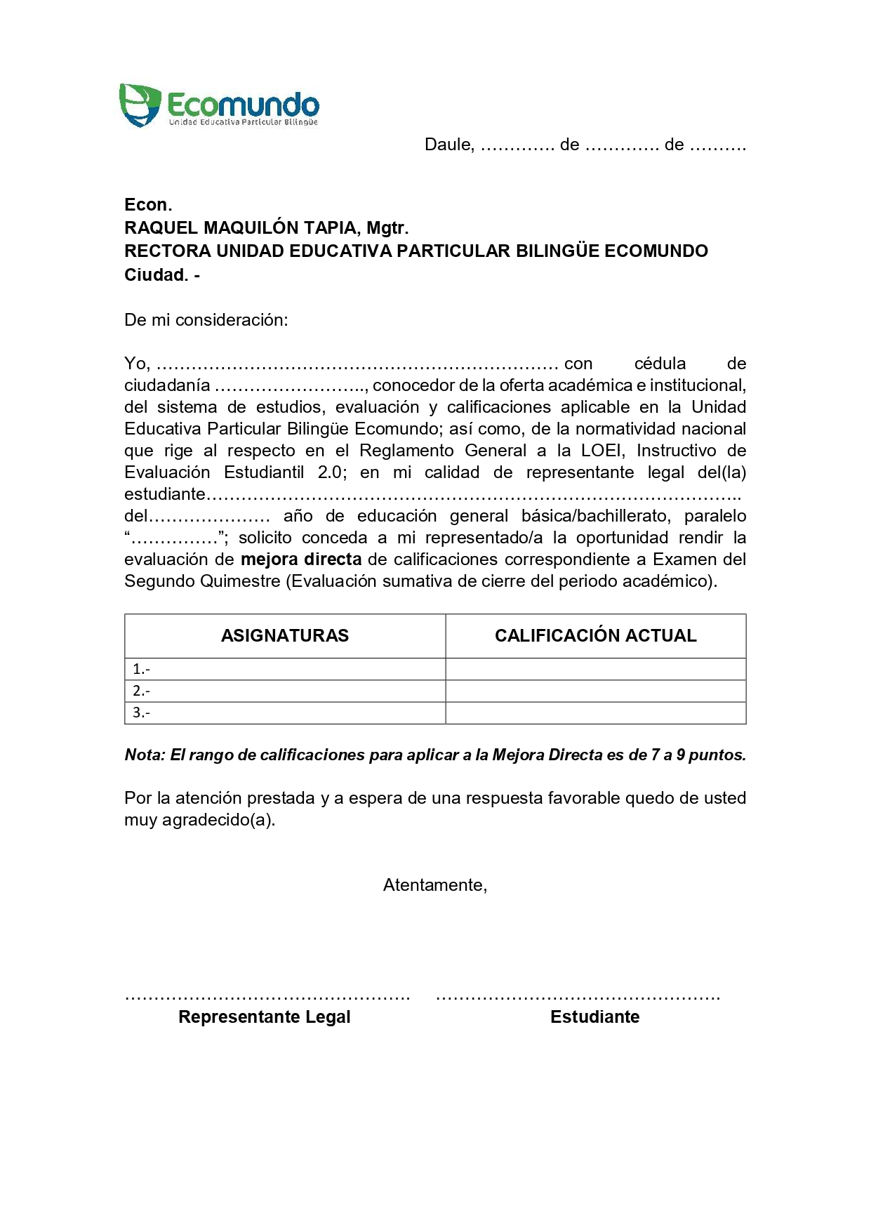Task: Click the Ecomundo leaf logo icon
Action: [140, 105]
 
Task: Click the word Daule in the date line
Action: [448, 145]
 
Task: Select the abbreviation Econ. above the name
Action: [147, 204]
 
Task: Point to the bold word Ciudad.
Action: [156, 274]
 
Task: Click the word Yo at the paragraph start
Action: [136, 364]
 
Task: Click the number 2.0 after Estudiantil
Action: [330, 472]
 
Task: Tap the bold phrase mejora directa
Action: [301, 559]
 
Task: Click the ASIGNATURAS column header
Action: [285, 635]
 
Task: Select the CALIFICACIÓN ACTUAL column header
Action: [595, 635]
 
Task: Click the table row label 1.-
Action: [141, 669]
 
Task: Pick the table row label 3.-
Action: [141, 713]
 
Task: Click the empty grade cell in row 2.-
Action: [595, 691]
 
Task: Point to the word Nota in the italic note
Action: [145, 755]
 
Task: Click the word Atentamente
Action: [434, 885]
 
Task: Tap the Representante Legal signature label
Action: [265, 1017]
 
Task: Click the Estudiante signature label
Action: [594, 1017]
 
